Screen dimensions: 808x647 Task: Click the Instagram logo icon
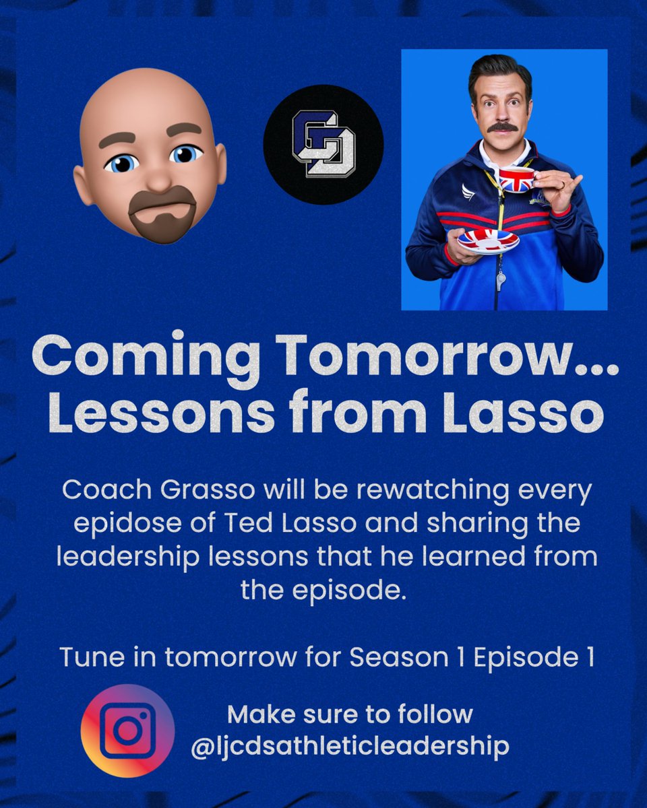[x=127, y=731]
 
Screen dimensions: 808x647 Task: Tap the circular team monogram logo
[x=323, y=144]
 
